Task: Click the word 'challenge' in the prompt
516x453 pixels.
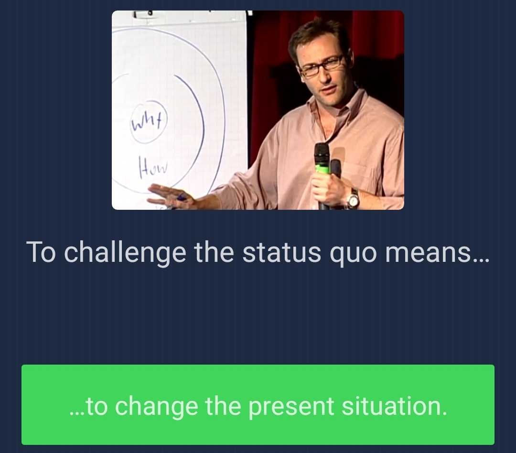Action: coord(125,252)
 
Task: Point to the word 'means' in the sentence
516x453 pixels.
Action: coord(436,252)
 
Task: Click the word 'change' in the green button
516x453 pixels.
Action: coord(156,407)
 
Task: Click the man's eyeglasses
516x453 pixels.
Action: coord(321,66)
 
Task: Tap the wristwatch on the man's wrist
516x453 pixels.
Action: coord(353,198)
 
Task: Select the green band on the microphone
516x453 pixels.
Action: coord(322,169)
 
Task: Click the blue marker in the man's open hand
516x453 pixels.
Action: coord(182,197)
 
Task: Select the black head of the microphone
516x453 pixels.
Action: coord(322,153)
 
